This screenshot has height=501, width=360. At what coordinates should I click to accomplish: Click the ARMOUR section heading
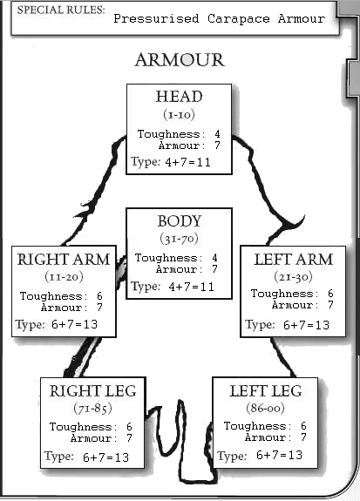click(180, 60)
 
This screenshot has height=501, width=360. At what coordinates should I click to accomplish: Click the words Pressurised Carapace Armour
click(218, 18)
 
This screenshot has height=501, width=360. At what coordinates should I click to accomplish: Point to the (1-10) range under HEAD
click(179, 114)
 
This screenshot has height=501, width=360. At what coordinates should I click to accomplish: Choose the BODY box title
click(179, 221)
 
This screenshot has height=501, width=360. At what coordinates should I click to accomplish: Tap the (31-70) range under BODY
click(179, 238)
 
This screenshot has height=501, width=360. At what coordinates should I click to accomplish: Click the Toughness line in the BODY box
click(177, 259)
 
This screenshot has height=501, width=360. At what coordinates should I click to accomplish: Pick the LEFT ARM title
click(292, 259)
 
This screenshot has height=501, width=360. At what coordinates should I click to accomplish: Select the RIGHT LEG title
click(92, 391)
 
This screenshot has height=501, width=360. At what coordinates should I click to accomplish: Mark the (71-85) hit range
click(92, 407)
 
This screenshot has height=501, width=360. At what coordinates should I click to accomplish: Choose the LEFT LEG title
click(266, 391)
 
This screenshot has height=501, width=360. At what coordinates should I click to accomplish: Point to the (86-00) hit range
click(265, 407)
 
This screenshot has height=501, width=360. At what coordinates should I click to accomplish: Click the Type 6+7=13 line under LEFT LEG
click(260, 456)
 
